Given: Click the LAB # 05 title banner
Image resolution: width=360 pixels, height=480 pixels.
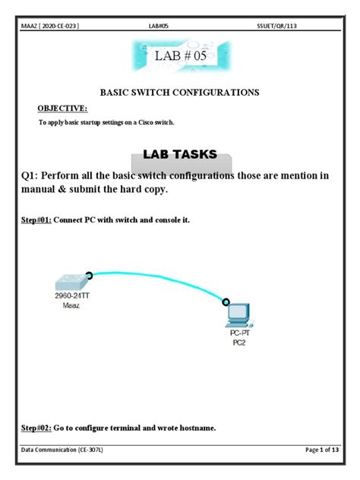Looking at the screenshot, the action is pos(180,57).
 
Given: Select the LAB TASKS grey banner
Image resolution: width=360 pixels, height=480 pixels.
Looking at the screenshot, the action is pos(180,155).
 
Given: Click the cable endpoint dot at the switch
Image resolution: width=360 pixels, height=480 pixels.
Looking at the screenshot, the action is pos(89,276).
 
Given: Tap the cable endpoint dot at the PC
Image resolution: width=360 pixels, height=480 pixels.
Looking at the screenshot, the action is pos(226,302).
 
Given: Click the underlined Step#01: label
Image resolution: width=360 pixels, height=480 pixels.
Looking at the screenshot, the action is pos(35,220).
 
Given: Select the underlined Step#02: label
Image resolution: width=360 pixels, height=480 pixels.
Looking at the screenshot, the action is pos(35,428).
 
